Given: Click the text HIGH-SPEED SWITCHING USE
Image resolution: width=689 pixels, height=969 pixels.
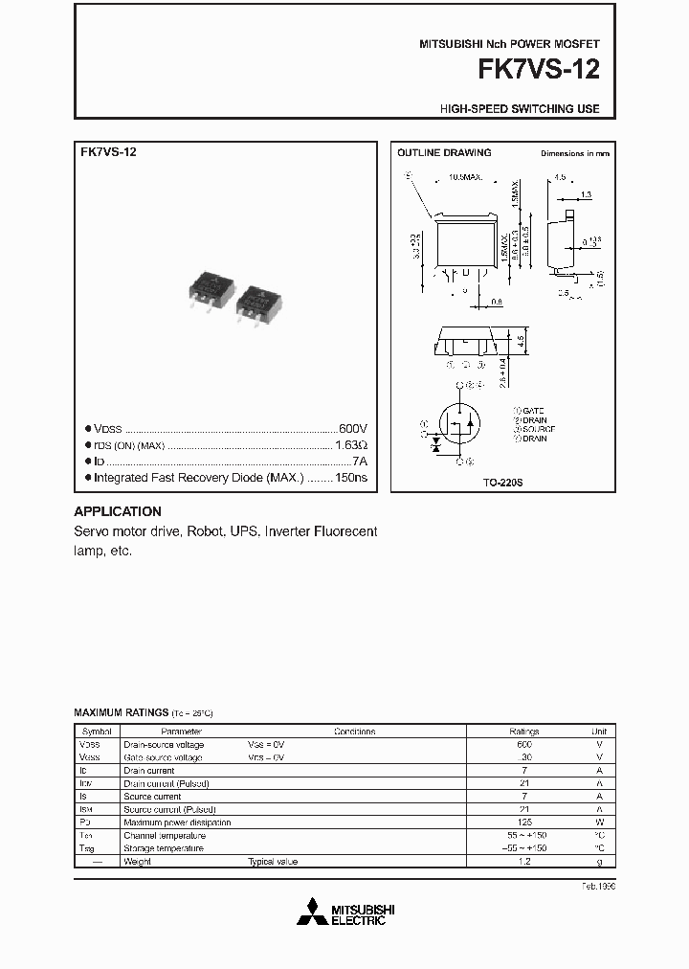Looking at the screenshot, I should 520,109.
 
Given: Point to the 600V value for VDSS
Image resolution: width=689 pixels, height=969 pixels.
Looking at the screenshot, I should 352,429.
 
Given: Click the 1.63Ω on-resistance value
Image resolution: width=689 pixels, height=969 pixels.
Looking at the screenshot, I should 350,445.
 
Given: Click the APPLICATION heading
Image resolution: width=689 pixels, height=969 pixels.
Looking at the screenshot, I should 118,511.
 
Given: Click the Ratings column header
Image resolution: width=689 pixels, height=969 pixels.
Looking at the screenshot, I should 524,732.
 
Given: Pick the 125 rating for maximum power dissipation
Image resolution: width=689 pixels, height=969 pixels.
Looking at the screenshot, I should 524,823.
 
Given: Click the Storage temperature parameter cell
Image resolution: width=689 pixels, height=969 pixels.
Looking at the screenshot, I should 164,848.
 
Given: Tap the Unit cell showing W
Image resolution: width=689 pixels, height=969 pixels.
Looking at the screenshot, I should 600,823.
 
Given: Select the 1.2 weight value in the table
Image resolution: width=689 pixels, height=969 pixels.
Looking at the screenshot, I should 524,862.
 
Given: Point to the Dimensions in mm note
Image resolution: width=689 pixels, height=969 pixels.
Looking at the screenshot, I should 574,153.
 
